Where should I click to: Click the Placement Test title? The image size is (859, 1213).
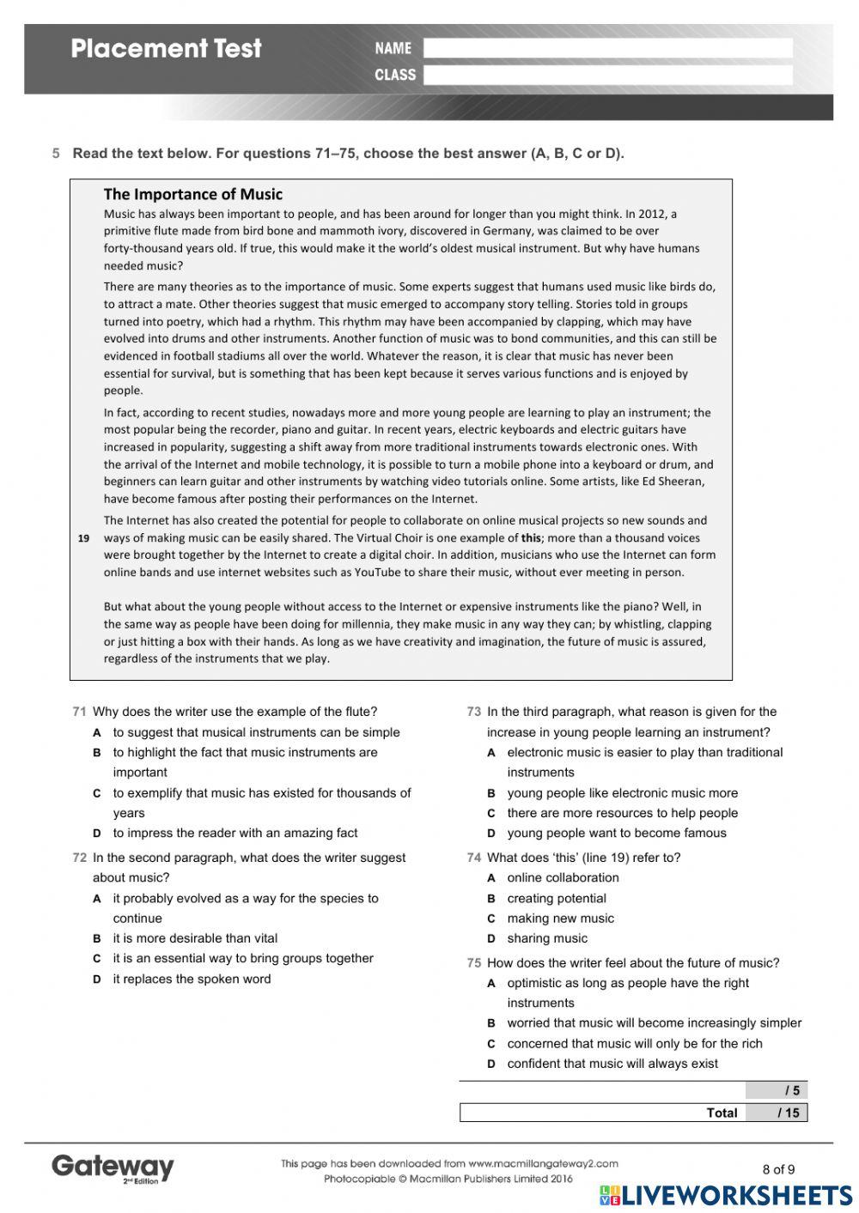coord(166,48)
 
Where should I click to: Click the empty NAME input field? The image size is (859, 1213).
coord(607,48)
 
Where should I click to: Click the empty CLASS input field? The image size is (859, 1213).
coord(607,75)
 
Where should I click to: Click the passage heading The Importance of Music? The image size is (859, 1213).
coord(192,194)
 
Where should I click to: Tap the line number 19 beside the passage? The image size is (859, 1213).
coord(83,538)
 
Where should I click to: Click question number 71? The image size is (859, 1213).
coord(79,712)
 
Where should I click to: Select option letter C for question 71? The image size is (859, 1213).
coord(97,793)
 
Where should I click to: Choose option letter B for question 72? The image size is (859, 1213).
coord(97,938)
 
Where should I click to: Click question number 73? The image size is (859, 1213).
coord(473,712)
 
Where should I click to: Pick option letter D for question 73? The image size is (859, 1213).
coord(491,833)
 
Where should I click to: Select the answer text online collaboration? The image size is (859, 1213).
coord(563,877)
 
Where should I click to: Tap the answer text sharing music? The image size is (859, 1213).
coord(547,938)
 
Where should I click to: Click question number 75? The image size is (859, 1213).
coord(473,963)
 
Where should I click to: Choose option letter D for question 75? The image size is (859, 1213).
coord(491,1064)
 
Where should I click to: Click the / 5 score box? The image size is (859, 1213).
coord(777,1090)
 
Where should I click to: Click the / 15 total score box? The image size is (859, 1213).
coord(777,1113)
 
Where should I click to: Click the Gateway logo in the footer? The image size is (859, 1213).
coord(113,1168)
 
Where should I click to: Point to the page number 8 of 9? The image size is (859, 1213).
coord(778,1169)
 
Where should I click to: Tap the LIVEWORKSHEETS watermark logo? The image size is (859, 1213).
coord(726,1196)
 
